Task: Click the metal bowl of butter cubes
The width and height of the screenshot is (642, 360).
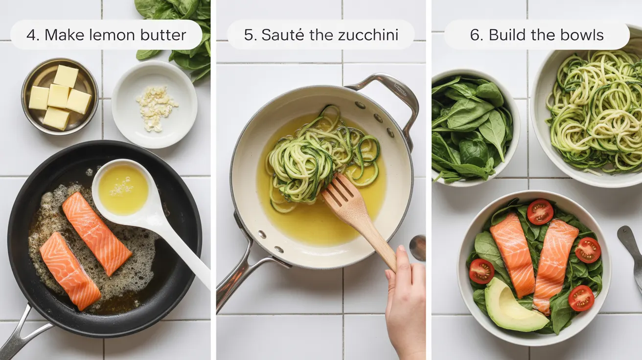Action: (x=60, y=96)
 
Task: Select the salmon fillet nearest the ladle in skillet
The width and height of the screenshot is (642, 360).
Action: (x=96, y=233)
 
